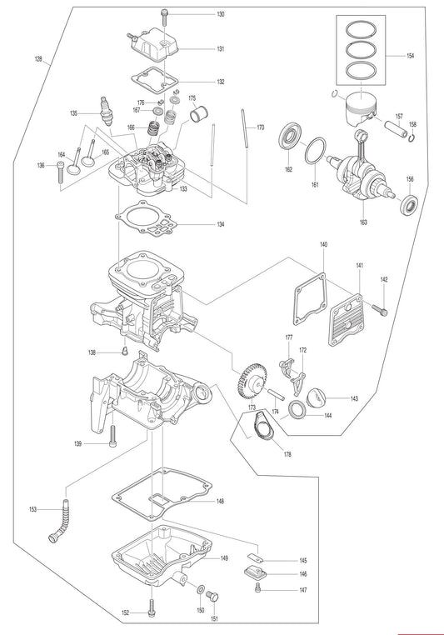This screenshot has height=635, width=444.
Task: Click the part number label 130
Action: [221, 16]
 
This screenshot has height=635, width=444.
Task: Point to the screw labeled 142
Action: [379, 310]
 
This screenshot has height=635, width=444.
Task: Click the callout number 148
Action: [220, 502]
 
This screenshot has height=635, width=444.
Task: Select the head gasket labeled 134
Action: [155, 219]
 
